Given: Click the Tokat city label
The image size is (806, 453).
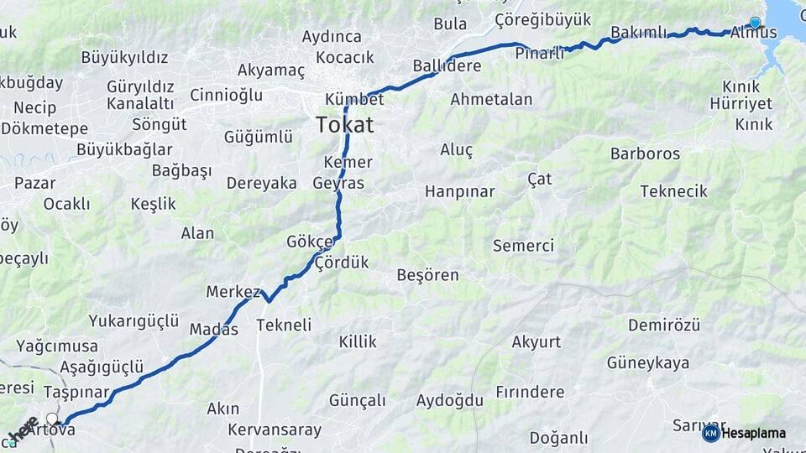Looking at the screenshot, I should pos(344,125).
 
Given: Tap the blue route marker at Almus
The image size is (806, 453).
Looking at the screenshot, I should pos(755,23).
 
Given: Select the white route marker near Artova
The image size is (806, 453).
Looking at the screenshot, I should pos(53,419).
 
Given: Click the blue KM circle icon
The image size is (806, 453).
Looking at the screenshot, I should pos(710,433).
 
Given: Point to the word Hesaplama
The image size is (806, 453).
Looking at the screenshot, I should pos(753,433).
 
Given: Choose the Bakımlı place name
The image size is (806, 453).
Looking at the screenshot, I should pos(638,32).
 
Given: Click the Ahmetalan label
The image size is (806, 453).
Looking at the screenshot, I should pos(491,99).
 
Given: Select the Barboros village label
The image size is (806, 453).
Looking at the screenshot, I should pos(645,154).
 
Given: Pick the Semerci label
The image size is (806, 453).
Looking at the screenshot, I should pos(523,246).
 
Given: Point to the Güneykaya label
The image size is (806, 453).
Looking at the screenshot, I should pos(648,362).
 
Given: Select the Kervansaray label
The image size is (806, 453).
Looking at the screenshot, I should pos(275,430).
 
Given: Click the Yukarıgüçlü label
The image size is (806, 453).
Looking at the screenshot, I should pos(133,320).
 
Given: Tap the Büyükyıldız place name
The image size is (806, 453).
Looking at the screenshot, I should pos(124,57).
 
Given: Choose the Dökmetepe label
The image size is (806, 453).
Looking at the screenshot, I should pos(44,128).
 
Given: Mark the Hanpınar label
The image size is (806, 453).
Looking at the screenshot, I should pos(459,191).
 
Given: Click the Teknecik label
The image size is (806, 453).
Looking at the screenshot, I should pos(673,191).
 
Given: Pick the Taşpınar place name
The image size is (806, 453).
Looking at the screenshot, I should pos(76,392).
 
